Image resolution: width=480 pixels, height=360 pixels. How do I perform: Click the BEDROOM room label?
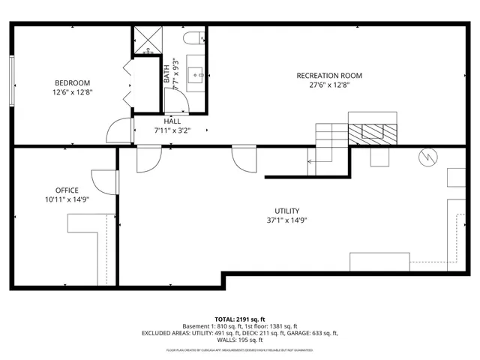(x=72, y=82)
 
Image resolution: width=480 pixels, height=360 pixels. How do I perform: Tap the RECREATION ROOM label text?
(x=329, y=75)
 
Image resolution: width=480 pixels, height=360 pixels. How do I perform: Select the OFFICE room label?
(x=67, y=190)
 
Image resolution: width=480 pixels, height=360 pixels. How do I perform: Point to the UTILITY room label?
(x=287, y=211)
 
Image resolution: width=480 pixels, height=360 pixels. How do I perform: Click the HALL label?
(x=172, y=121)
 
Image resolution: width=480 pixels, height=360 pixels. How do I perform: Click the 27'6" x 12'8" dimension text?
(x=329, y=85)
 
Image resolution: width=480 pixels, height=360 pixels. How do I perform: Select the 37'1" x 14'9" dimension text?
(x=287, y=220)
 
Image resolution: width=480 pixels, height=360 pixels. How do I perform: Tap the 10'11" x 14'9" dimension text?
(x=67, y=199)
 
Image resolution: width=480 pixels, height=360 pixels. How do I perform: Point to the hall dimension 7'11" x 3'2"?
(x=172, y=130)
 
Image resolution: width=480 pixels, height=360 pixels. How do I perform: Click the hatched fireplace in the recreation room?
(x=372, y=132)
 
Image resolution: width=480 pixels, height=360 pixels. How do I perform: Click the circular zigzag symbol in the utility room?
(x=427, y=157)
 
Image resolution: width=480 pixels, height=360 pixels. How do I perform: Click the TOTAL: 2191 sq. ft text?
(x=239, y=318)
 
